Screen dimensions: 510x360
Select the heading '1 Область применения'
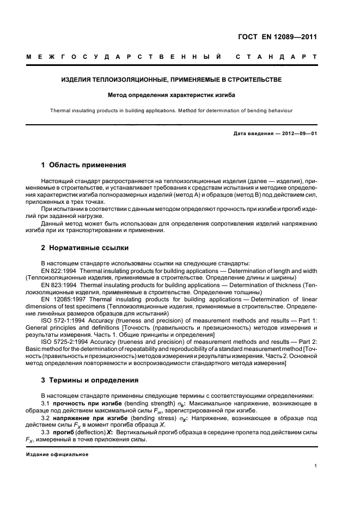pyautogui.click(x=84, y=164)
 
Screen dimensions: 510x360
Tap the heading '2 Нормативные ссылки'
pyautogui.click(x=85, y=248)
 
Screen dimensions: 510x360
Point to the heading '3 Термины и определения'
pyautogui.click(x=90, y=380)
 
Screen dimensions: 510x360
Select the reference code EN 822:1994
pyautogui.click(x=60, y=270)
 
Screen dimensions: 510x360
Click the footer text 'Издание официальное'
pyautogui.click(x=57, y=454)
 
